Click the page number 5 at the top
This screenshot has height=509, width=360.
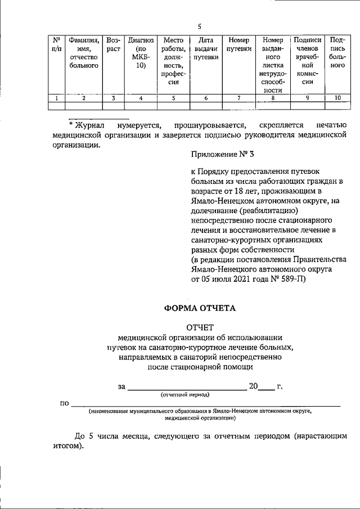(x=200, y=26)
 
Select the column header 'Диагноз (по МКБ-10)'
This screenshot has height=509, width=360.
(x=141, y=53)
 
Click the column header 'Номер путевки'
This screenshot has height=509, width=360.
(x=239, y=44)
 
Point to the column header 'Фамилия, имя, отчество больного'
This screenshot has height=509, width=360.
(x=83, y=53)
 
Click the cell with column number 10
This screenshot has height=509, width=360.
(x=337, y=98)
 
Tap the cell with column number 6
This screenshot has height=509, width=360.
(x=206, y=98)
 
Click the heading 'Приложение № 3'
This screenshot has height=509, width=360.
(x=219, y=155)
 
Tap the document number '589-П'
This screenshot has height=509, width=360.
(x=290, y=278)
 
